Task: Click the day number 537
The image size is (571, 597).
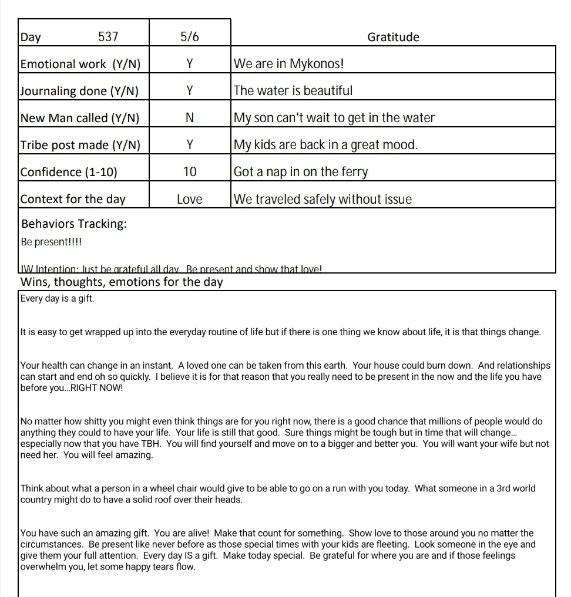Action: click(108, 37)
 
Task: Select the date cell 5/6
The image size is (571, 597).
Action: click(189, 37)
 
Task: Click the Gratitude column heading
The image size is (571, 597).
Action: click(393, 37)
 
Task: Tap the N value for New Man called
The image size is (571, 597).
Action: click(189, 118)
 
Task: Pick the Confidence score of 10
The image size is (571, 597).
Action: click(189, 172)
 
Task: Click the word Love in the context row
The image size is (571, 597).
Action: click(189, 199)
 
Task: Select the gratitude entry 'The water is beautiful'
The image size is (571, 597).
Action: click(293, 91)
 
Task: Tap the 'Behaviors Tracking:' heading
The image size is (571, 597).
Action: click(74, 224)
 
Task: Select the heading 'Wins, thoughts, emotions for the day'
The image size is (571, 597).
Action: click(122, 282)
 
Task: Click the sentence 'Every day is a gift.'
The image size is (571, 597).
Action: click(57, 298)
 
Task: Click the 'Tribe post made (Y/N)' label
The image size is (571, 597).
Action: click(80, 145)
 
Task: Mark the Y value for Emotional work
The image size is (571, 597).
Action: click(189, 64)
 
